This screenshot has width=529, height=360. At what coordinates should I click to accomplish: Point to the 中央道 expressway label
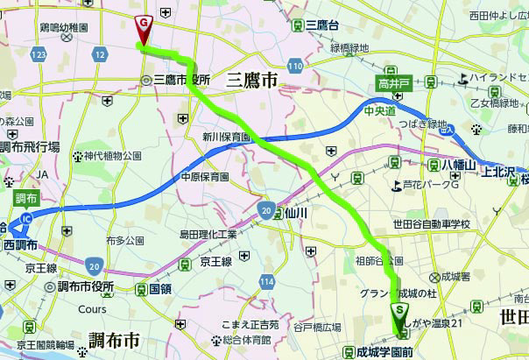[378, 109]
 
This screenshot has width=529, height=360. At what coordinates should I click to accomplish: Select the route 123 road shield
[38, 54]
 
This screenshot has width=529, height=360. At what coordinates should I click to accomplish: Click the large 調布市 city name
[114, 339]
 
